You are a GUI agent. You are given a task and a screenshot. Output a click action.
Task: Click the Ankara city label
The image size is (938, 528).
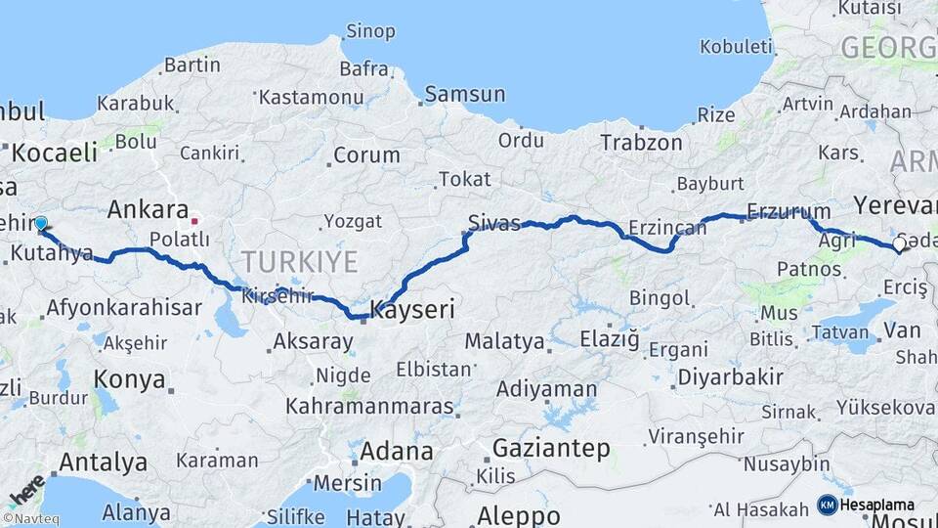point(148,209)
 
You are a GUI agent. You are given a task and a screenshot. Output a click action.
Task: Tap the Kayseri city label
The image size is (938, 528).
point(411,310)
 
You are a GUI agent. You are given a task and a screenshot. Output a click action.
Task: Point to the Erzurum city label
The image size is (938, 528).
point(789,211)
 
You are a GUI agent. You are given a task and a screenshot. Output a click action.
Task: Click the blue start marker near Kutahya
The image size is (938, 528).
point(41,224)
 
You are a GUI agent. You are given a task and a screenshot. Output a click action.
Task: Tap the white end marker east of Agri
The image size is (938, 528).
point(901,244)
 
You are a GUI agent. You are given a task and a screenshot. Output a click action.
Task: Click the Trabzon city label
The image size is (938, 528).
point(642,143)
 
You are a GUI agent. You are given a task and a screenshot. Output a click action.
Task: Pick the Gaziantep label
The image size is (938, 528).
point(551,449)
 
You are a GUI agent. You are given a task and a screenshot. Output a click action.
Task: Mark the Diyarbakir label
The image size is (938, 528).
point(731,377)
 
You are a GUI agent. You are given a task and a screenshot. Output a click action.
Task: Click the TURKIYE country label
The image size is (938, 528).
point(300,261)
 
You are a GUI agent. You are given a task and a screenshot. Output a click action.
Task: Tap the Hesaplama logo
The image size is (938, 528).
point(867,505)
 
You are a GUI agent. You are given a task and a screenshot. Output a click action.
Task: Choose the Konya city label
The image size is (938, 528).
point(129,379)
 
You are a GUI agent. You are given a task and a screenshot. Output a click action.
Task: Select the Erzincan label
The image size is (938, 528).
point(667,227)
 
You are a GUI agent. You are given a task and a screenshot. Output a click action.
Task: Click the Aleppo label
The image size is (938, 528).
point(519,515)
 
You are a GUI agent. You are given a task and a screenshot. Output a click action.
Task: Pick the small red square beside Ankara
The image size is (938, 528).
point(194,220)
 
